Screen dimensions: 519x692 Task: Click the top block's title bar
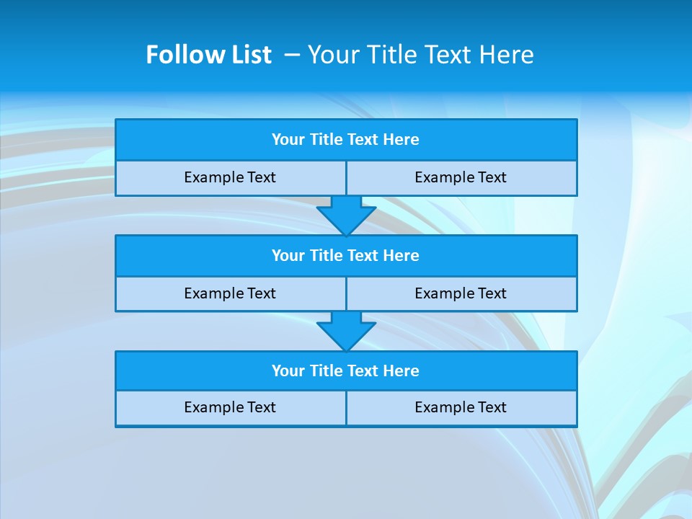click(x=346, y=140)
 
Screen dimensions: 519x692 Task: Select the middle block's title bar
click(x=346, y=256)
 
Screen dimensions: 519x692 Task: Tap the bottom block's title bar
click(x=346, y=371)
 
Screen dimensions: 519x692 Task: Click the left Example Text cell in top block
click(x=231, y=178)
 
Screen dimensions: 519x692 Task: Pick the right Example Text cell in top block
click(x=461, y=178)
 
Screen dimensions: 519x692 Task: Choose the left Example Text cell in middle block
click(x=231, y=294)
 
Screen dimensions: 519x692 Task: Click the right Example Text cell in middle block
click(x=461, y=294)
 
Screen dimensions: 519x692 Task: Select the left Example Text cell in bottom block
click(x=231, y=408)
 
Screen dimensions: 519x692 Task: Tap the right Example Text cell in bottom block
click(x=461, y=408)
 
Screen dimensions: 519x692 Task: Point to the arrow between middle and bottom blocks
click(x=346, y=331)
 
